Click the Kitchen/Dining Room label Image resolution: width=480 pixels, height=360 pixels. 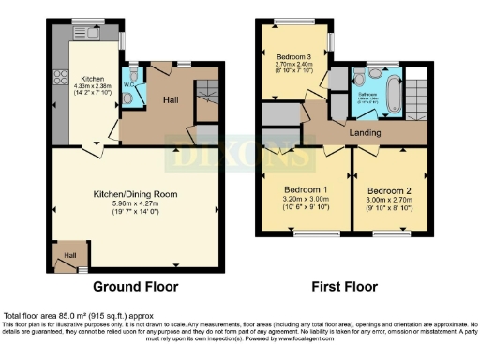134,194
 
